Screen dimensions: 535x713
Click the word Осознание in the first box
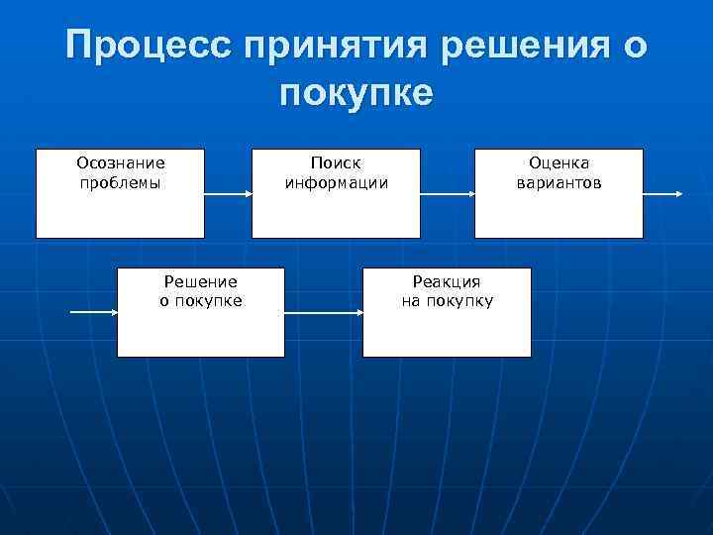121,162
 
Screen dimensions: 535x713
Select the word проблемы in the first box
121,182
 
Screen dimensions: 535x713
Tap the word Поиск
336,162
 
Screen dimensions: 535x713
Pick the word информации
336,182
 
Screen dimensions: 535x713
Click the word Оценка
559,162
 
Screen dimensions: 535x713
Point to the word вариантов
559,182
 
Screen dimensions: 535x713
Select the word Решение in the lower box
201,281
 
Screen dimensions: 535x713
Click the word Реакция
447,281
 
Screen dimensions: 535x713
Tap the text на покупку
447,301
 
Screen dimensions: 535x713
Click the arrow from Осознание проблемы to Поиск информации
228,194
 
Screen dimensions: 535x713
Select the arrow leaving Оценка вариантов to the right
662,194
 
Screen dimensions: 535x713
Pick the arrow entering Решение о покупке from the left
94,313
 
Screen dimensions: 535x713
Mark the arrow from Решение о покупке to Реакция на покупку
323,313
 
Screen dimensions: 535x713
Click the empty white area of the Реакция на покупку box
447,335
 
